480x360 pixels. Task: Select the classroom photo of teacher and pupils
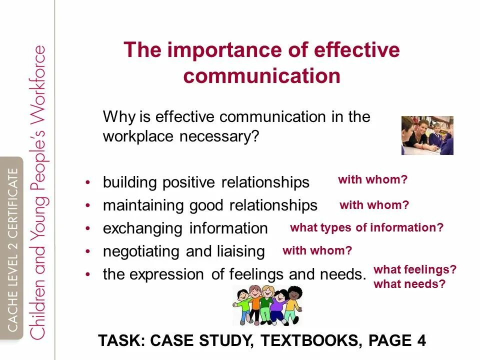[x=427, y=135]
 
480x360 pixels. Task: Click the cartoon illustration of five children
[x=267, y=305]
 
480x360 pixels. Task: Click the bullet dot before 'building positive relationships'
[x=88, y=182]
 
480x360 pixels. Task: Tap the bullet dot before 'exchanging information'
[x=88, y=228]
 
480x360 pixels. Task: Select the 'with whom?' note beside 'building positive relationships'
[x=372, y=180]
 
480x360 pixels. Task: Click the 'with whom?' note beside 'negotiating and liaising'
[x=317, y=250]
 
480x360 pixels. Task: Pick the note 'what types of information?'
[x=366, y=227]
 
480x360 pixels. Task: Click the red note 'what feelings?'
[x=415, y=270]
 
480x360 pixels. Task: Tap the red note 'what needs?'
[x=409, y=284]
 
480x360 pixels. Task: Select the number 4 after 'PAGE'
[x=421, y=340]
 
